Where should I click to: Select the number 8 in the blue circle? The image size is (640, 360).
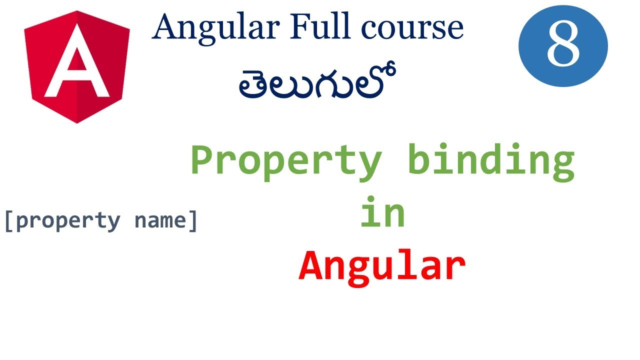[x=563, y=45]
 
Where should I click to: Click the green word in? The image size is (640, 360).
[x=382, y=214]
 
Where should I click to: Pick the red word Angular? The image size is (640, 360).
[x=382, y=266]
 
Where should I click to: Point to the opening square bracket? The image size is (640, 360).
[x=8, y=220]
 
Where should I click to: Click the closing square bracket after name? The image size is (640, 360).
[x=193, y=220]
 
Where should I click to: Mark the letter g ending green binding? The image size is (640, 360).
[x=562, y=165]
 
